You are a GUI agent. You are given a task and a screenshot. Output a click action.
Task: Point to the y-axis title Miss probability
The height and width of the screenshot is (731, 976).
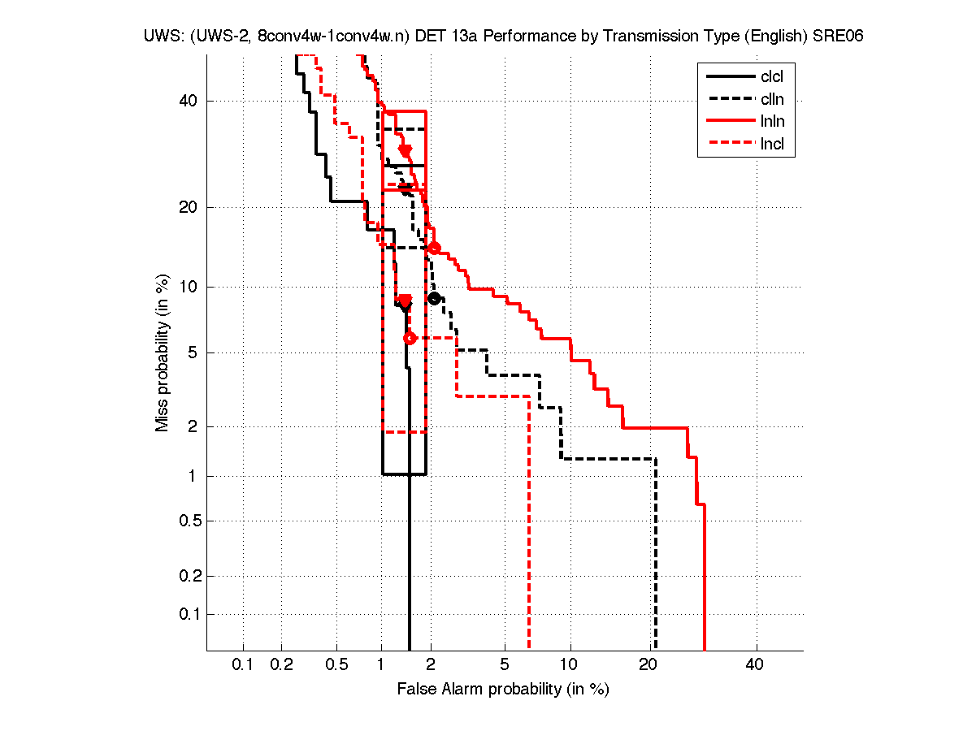point(163,353)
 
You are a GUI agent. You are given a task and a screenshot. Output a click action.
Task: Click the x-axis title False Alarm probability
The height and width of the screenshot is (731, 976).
point(503,690)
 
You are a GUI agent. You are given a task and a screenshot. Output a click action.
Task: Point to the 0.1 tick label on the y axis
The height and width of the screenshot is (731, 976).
point(189,614)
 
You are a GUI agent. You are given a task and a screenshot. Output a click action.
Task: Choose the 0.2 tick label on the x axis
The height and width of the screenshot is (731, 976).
point(281,665)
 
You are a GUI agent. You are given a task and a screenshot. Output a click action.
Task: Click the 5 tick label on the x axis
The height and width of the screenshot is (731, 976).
point(505,665)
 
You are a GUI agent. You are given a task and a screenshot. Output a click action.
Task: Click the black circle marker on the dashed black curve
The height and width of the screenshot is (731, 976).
point(434,298)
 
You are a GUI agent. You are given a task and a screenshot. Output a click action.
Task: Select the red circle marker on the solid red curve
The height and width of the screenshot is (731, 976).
point(434,248)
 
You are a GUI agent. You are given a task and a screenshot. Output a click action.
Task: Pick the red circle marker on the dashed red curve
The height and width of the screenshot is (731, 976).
point(410,338)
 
